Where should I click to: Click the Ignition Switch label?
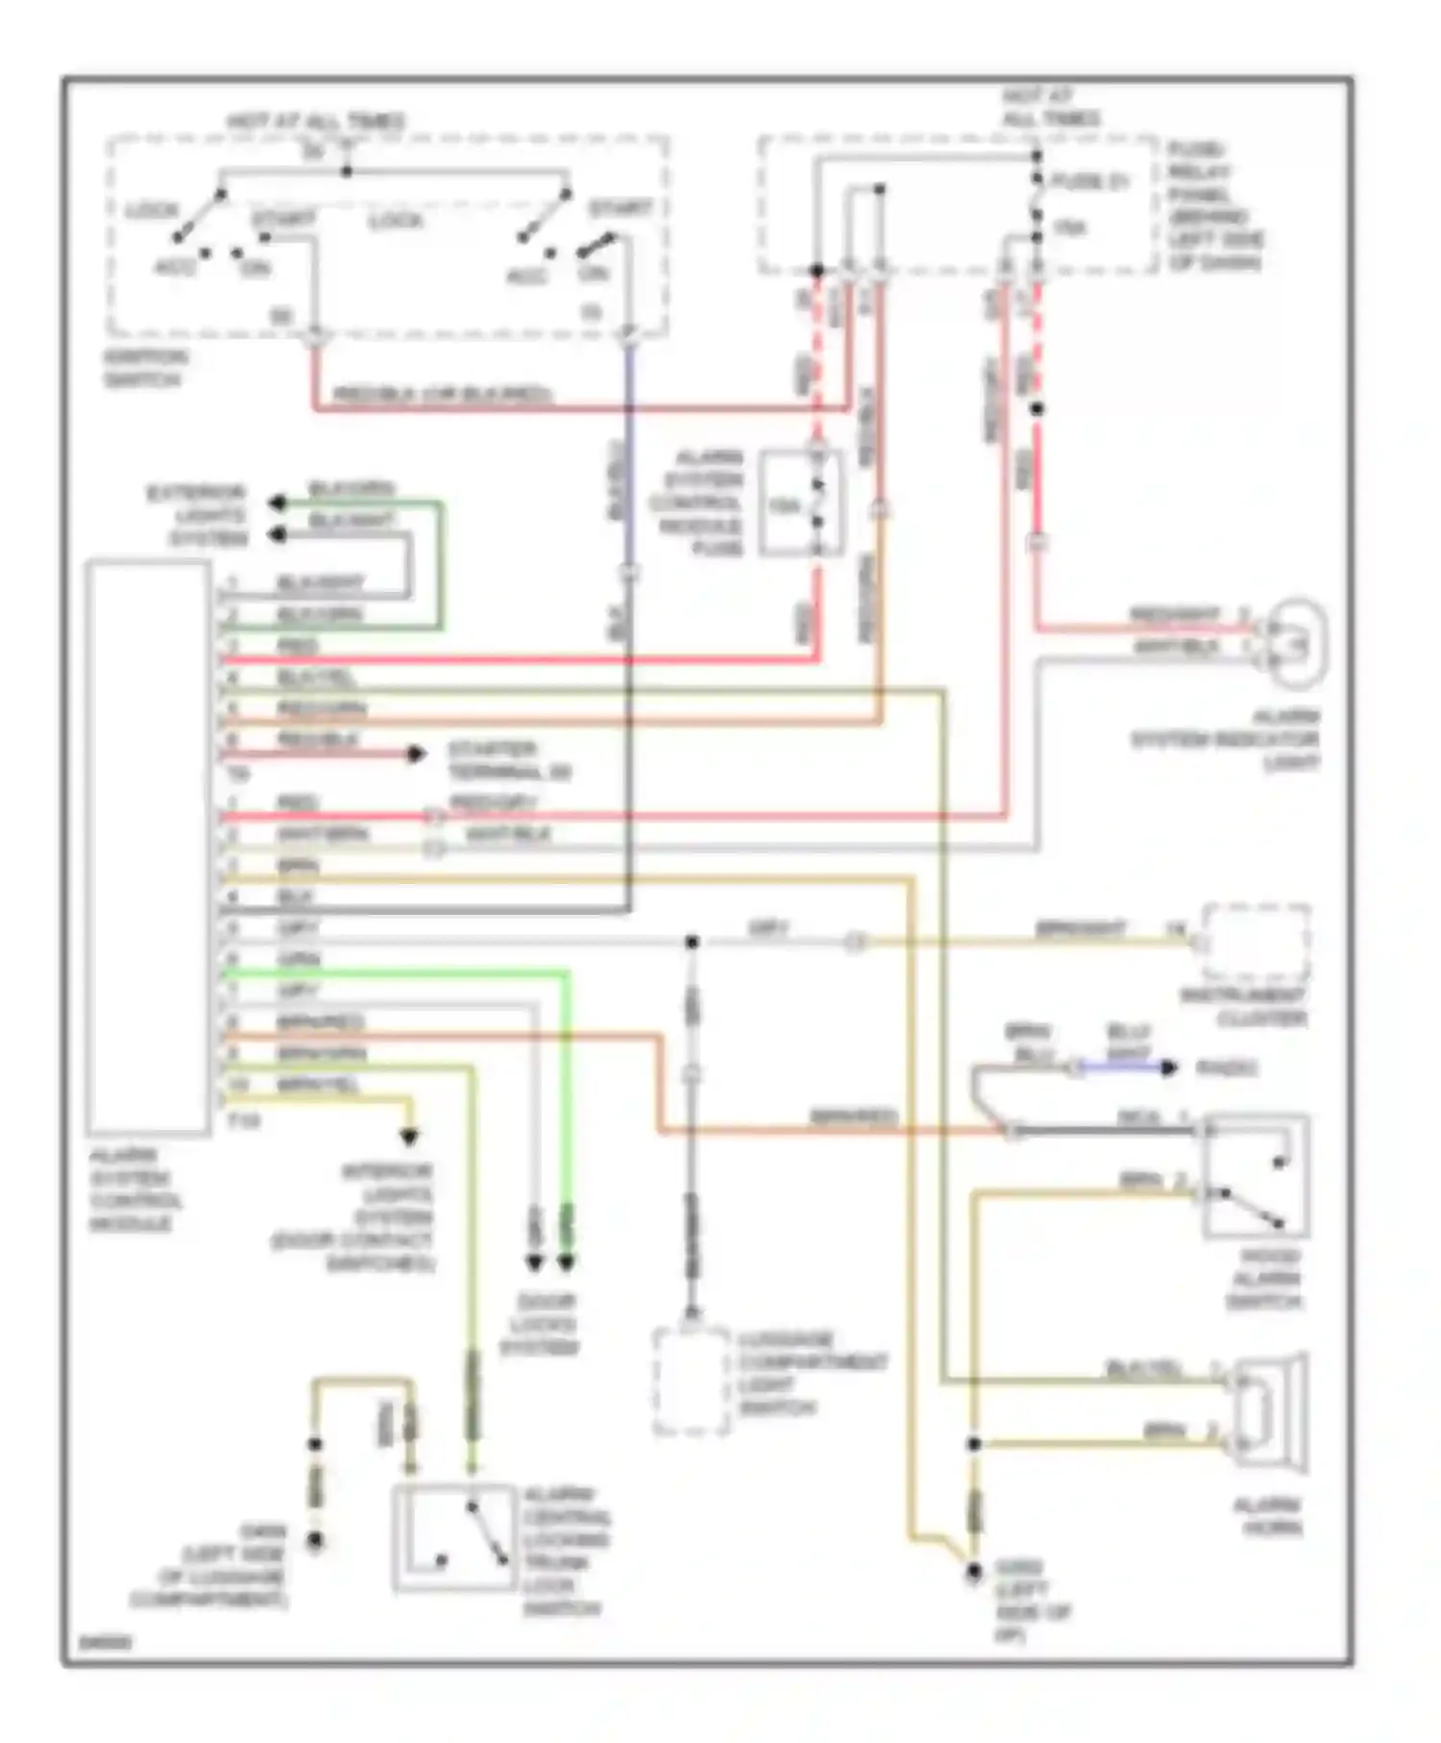(x=146, y=368)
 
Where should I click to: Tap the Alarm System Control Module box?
(x=148, y=847)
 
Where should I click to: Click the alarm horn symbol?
(x=1268, y=1412)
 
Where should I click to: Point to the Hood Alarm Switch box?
(x=1256, y=1176)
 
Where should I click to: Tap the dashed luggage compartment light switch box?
(x=691, y=1382)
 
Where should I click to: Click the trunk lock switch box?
(x=454, y=1537)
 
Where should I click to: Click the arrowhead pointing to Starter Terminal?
(x=416, y=754)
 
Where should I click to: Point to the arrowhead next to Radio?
(x=1168, y=1068)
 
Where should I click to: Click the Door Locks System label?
(x=540, y=1325)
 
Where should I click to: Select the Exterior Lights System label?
(x=198, y=516)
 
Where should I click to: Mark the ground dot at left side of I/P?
(x=973, y=1571)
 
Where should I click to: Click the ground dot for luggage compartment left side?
(x=314, y=1541)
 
